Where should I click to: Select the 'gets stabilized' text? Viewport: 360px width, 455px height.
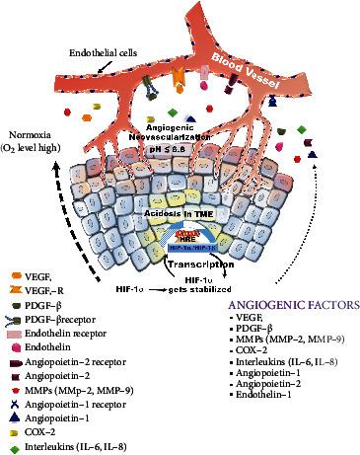196,291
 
